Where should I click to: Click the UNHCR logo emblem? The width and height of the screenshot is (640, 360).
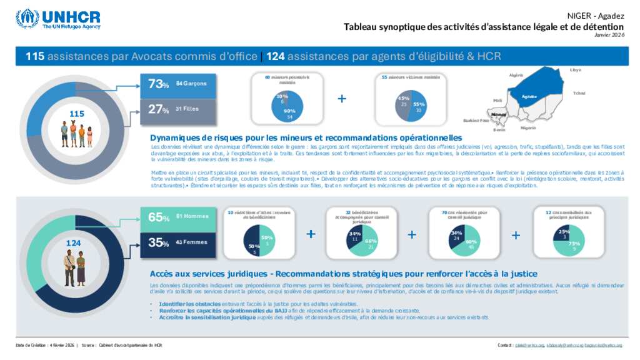point(27,18)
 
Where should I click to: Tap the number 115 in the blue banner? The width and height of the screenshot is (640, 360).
point(34,57)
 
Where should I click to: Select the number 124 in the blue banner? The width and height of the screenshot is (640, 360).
point(276,57)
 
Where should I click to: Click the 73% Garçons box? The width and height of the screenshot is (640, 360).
point(178,84)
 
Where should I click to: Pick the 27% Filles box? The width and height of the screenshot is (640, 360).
point(178,109)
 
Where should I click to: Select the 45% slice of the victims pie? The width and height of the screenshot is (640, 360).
point(403,102)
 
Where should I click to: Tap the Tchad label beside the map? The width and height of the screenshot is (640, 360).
point(579,93)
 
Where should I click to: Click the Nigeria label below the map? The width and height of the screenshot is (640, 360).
point(528,127)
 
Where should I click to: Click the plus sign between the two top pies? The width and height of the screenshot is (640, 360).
point(342,99)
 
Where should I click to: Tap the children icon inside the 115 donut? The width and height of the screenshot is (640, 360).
point(77,133)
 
